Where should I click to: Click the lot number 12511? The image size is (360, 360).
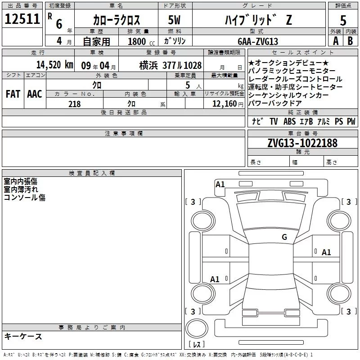[x=22, y=19]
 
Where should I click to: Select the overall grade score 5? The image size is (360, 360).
[x=343, y=20]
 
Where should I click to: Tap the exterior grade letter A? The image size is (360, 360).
[x=336, y=41]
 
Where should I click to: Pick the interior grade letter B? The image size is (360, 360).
[x=350, y=41]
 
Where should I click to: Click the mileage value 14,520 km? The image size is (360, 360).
[x=55, y=65]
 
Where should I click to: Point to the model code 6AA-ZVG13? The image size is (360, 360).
[x=258, y=41]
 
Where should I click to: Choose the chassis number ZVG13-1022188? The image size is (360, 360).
[x=302, y=143]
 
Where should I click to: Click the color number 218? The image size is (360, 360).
[x=74, y=104]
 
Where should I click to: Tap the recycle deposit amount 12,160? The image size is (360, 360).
[x=225, y=104]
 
